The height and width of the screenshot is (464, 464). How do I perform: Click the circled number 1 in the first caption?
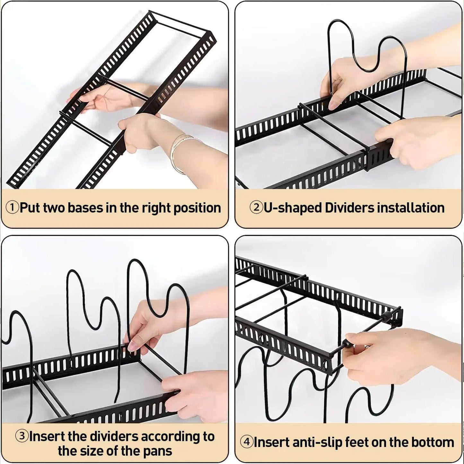pos(13,208)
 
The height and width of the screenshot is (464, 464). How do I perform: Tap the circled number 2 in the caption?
pos(256,208)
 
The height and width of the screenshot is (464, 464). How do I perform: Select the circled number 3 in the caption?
pos(22,437)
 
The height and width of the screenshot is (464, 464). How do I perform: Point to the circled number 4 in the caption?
pos(247,442)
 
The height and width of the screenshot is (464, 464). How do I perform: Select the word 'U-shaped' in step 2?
pos(293,208)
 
